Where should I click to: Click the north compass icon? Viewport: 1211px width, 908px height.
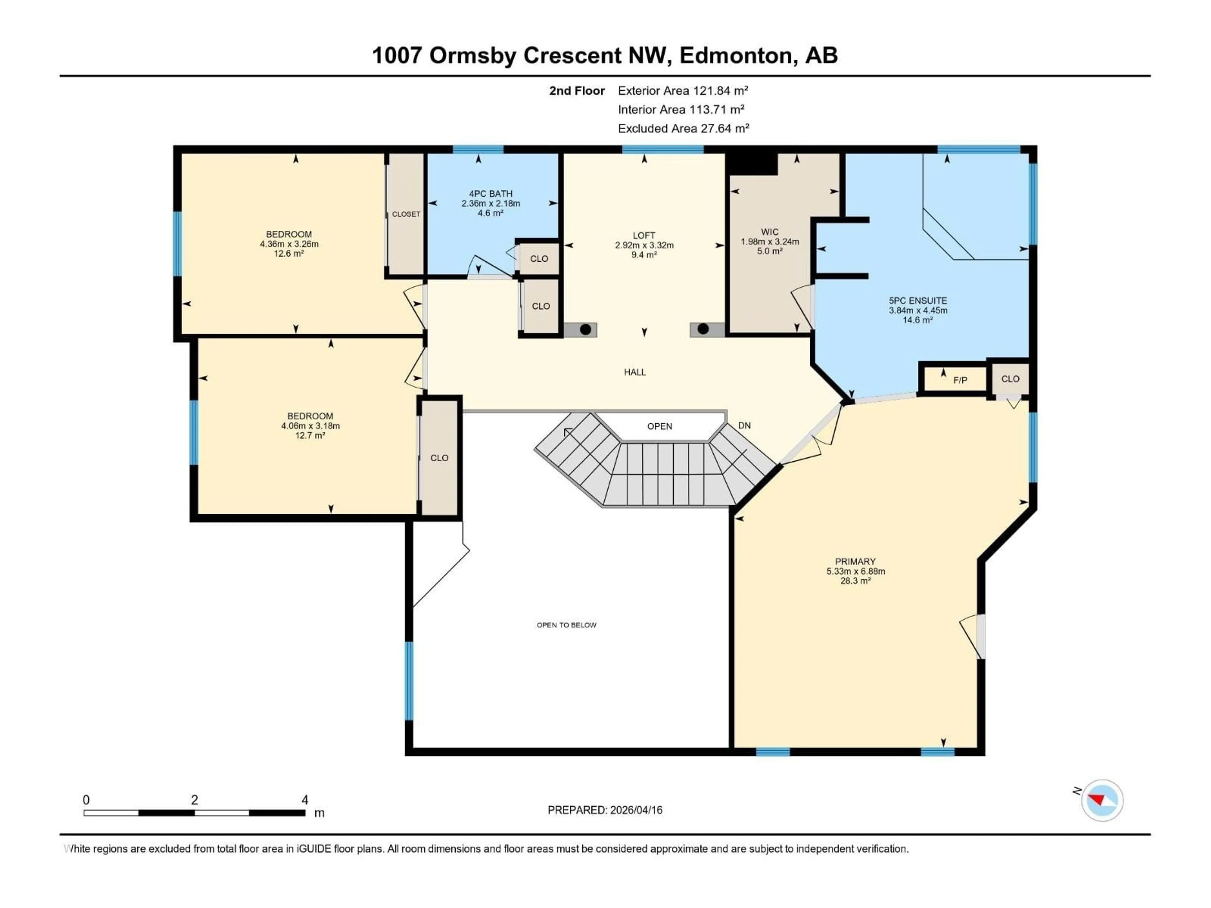coord(1102,800)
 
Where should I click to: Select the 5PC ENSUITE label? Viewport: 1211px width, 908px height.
coord(918,300)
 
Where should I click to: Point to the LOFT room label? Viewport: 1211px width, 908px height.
coord(644,235)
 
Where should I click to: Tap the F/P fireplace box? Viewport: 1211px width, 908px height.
coord(960,380)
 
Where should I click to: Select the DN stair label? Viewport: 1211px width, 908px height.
coord(744,425)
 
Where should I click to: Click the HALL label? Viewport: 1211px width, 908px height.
coord(635,372)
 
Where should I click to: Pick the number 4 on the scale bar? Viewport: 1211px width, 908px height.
coord(305,800)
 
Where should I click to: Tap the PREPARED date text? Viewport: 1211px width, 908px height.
coord(605,810)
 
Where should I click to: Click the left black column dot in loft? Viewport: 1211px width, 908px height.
coord(585,329)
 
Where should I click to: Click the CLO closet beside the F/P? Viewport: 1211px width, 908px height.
coord(1010,379)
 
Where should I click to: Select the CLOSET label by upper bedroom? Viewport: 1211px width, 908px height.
coord(406,214)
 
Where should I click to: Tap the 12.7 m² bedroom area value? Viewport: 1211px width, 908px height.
coord(310,436)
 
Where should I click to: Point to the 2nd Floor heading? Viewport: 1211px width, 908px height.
coord(577,91)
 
